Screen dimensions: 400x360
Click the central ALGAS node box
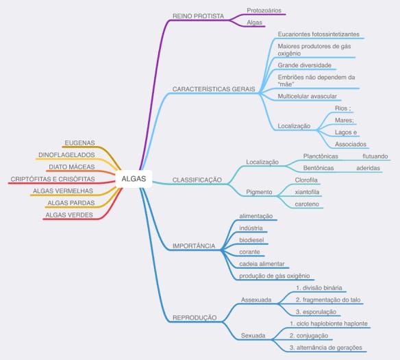coord(134,179)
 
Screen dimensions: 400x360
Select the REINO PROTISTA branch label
coord(198,16)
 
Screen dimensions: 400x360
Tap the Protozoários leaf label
coord(264,10)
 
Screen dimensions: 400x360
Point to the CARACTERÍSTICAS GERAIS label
coord(214,89)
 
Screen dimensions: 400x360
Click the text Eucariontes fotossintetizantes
coord(318,34)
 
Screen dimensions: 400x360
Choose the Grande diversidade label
coord(305,65)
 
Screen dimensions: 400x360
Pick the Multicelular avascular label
coord(307,96)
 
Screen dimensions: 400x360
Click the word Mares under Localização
coord(344,120)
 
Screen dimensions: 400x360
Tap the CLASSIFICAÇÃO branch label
coord(197,180)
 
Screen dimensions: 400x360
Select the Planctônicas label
coord(321,156)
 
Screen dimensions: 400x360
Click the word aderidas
coord(368,168)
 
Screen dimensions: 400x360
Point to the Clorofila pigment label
coord(306,180)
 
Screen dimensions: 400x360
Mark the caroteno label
coord(307,204)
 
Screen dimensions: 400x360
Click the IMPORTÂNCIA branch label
coord(194,246)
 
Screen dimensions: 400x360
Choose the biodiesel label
coord(251,240)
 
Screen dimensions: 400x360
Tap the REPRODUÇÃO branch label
coord(195,318)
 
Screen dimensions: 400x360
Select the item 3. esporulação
coord(316,312)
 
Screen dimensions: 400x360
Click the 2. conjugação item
coord(309,335)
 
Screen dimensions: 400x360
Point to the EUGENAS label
coord(80,143)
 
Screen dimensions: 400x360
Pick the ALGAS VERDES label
coord(69,215)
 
